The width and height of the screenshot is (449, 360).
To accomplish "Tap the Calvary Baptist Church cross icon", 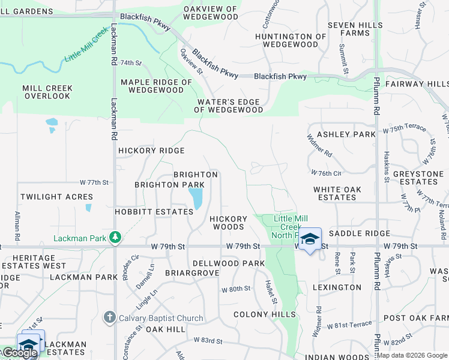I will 109,317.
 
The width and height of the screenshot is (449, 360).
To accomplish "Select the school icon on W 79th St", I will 310,239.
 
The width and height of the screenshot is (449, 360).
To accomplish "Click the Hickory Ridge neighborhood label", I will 151,151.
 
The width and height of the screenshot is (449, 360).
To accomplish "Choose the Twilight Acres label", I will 56,197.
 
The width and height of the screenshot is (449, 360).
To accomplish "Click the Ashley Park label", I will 346,134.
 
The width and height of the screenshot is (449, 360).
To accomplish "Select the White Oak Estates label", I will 337,193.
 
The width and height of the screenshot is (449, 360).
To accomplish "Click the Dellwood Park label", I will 229,263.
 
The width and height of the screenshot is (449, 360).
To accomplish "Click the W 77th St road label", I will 94,182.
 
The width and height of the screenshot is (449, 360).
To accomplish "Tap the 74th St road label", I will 130,62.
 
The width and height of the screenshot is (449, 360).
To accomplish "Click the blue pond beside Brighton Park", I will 196,198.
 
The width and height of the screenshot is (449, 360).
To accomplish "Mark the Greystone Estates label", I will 418,178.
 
